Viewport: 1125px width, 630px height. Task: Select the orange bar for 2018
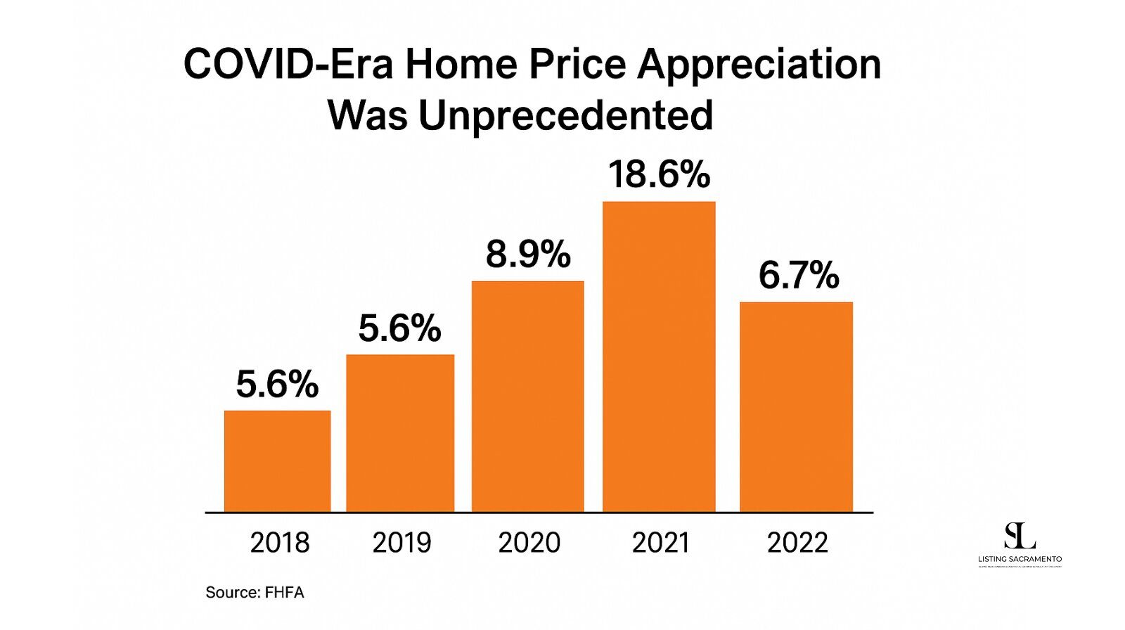point(277,461)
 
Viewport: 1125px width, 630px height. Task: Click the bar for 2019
point(400,433)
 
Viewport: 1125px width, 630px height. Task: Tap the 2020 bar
point(527,397)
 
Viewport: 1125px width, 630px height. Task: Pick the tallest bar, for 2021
point(659,357)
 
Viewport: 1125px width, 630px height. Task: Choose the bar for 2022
point(796,407)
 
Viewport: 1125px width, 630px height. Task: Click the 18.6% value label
point(659,174)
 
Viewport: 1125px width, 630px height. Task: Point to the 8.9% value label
point(528,255)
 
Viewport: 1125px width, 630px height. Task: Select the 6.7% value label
point(799,275)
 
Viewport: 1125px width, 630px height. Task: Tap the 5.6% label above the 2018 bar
point(277,385)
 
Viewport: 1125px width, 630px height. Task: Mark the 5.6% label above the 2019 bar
point(399,328)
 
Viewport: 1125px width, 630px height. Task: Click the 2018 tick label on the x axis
point(279,543)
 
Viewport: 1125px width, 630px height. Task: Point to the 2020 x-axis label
point(529,543)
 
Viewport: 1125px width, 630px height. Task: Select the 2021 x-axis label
point(660,543)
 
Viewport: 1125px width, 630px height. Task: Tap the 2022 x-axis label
point(797,543)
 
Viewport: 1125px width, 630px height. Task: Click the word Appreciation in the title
point(759,65)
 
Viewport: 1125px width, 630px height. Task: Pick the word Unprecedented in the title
point(565,116)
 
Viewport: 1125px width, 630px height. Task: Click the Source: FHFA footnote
point(255,593)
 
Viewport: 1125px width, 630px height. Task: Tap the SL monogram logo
point(1020,536)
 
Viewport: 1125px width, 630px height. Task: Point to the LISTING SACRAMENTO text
point(1020,560)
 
